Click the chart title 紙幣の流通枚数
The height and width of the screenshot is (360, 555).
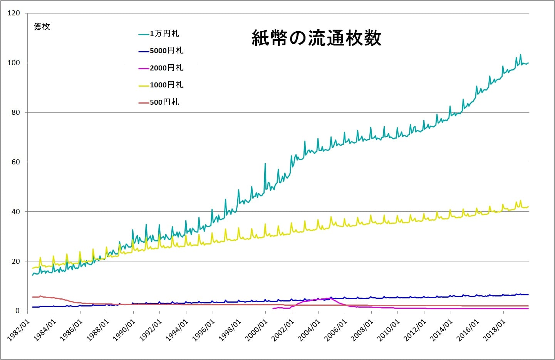click(x=316, y=38)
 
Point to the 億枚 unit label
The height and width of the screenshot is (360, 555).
click(x=42, y=27)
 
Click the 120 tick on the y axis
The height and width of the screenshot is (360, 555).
click(x=13, y=13)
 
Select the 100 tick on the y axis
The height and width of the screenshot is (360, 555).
click(x=13, y=63)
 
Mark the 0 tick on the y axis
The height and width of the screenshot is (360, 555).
click(x=17, y=311)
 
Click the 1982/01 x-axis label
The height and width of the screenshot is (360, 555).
click(x=18, y=330)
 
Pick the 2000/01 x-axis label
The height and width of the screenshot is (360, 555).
click(x=256, y=330)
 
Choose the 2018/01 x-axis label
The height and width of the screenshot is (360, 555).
click(x=494, y=330)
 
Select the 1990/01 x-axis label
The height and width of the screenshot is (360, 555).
click(x=124, y=330)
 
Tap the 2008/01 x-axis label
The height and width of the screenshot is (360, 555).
click(x=362, y=330)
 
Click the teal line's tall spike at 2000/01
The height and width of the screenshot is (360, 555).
click(x=265, y=164)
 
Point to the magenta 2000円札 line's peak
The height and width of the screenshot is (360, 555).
click(x=330, y=298)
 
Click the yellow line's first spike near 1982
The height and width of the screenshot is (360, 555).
click(x=40, y=258)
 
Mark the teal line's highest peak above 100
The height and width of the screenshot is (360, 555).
click(x=520, y=55)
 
